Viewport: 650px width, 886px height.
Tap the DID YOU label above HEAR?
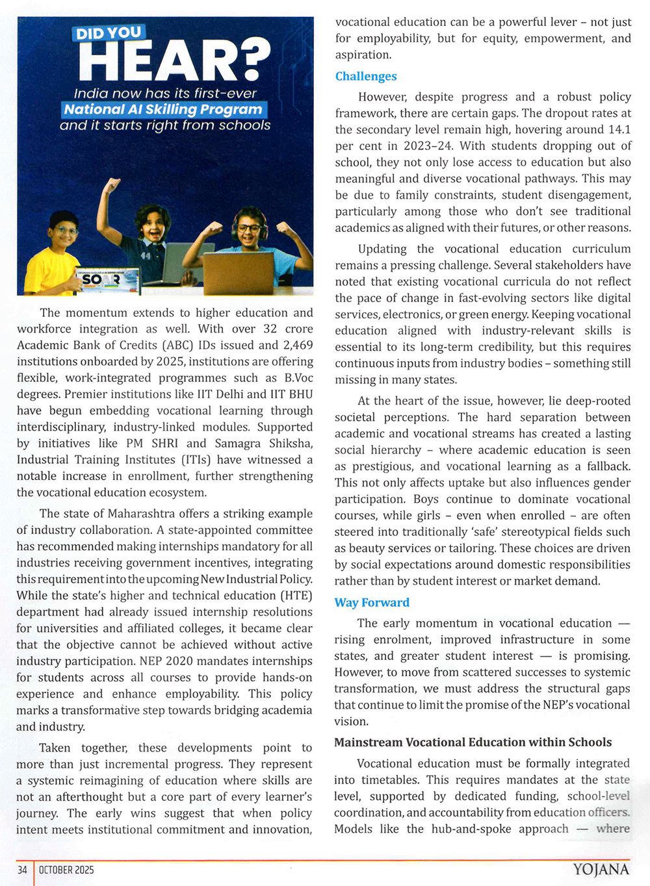point(109,33)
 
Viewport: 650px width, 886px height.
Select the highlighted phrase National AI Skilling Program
point(163,109)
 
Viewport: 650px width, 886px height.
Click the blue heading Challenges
point(366,77)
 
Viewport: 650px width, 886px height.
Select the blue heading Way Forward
point(372,603)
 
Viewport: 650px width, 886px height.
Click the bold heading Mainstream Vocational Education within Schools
point(473,742)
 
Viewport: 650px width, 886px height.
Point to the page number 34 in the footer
point(22,870)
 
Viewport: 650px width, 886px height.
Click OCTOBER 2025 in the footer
point(66,870)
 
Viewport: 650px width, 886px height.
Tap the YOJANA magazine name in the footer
point(601,870)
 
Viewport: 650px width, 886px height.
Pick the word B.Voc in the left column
point(298,378)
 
